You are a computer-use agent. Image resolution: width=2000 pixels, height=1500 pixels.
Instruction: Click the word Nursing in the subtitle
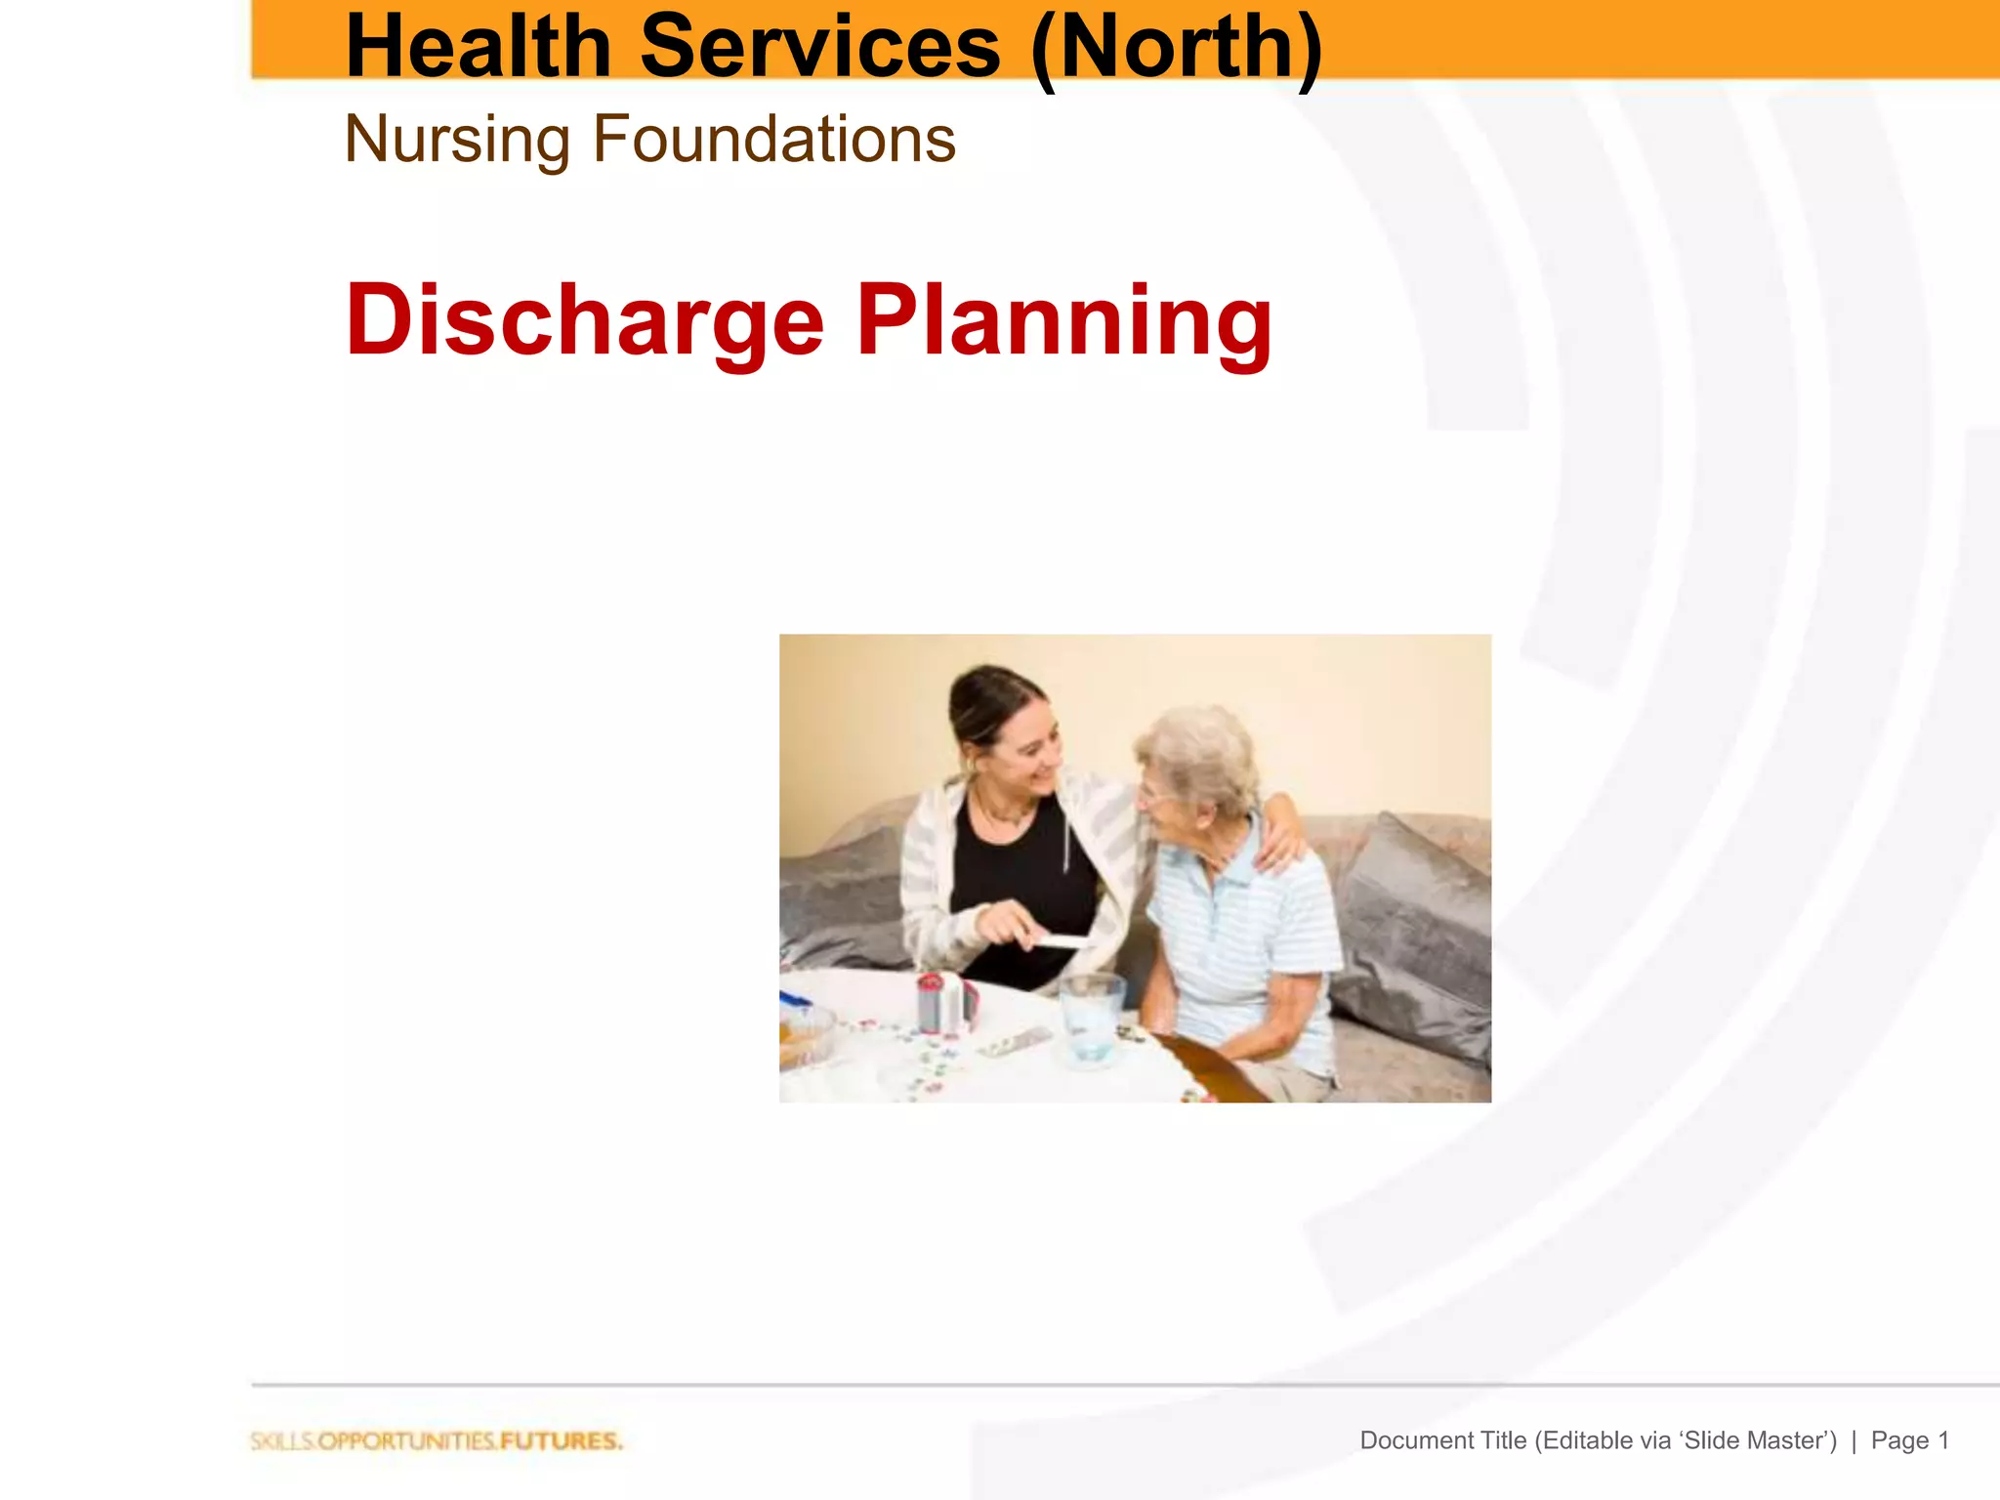point(457,140)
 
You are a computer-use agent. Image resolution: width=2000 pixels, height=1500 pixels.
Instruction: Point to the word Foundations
point(774,140)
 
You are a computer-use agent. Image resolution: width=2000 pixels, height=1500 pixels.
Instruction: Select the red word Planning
point(1064,320)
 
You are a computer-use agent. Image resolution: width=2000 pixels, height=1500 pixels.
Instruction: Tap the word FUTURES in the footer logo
point(561,1441)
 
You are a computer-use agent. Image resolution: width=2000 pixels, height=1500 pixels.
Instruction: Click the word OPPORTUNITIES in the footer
point(407,1441)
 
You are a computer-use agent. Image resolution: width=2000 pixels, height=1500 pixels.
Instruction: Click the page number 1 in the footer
point(1942,1440)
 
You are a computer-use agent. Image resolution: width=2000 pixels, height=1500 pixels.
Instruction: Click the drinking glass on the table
point(1092,1016)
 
